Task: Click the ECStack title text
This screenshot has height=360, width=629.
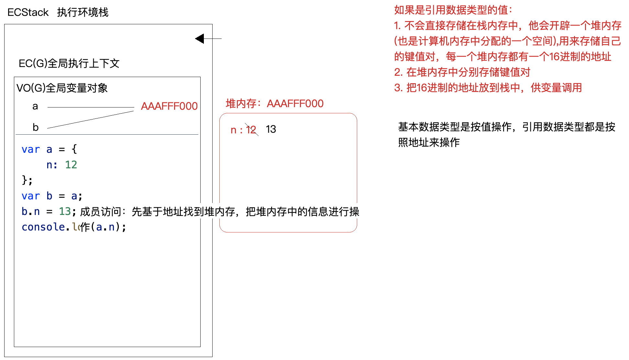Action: (58, 12)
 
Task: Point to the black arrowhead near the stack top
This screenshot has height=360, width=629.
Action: (200, 39)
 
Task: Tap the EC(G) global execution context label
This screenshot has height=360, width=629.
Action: (69, 63)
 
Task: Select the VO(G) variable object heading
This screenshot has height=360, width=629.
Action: (62, 88)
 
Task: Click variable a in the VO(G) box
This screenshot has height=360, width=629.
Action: (35, 106)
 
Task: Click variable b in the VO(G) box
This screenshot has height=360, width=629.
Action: (36, 127)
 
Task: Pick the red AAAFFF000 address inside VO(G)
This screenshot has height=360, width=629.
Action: (169, 106)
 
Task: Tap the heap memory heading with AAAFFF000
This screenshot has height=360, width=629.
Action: (274, 104)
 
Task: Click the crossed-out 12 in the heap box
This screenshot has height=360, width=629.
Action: (251, 130)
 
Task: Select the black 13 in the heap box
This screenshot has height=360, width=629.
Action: (271, 129)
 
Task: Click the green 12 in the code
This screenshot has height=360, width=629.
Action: (71, 165)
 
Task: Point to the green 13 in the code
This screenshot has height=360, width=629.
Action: (65, 211)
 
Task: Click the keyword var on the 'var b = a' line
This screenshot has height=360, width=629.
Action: (31, 196)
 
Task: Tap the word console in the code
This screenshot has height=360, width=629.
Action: (43, 227)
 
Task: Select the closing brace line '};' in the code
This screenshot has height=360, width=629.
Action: (27, 180)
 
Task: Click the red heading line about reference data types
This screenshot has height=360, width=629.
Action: (453, 10)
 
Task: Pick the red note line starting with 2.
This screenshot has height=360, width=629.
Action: (462, 72)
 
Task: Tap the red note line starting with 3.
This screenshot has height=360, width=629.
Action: (488, 88)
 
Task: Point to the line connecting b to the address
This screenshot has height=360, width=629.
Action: (91, 120)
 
